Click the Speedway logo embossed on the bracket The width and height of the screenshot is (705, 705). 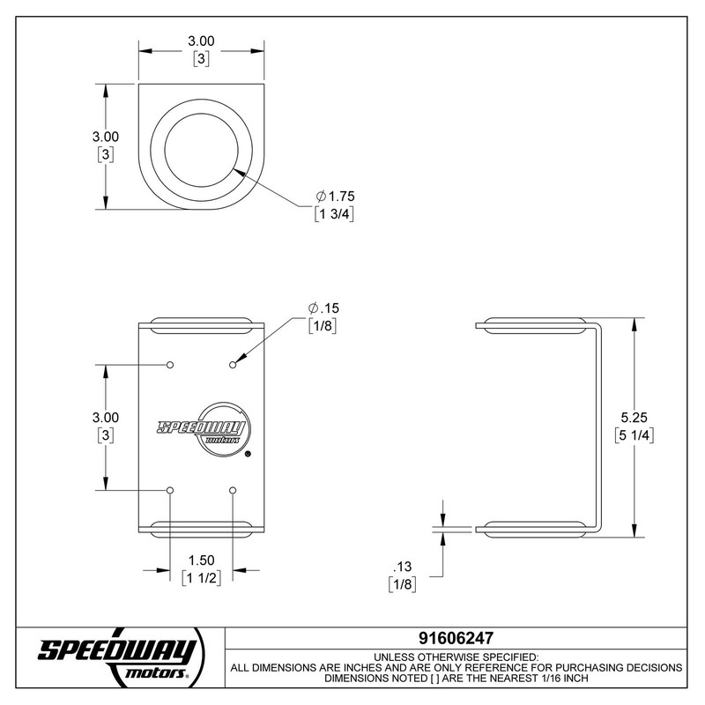coord(202,428)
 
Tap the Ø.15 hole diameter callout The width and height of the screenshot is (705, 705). coord(323,308)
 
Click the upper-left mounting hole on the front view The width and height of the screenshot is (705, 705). coord(170,364)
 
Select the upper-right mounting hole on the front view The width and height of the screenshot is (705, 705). coord(233,364)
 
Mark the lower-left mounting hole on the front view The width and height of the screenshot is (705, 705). coord(170,489)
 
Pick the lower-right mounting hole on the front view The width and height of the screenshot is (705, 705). coord(233,489)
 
